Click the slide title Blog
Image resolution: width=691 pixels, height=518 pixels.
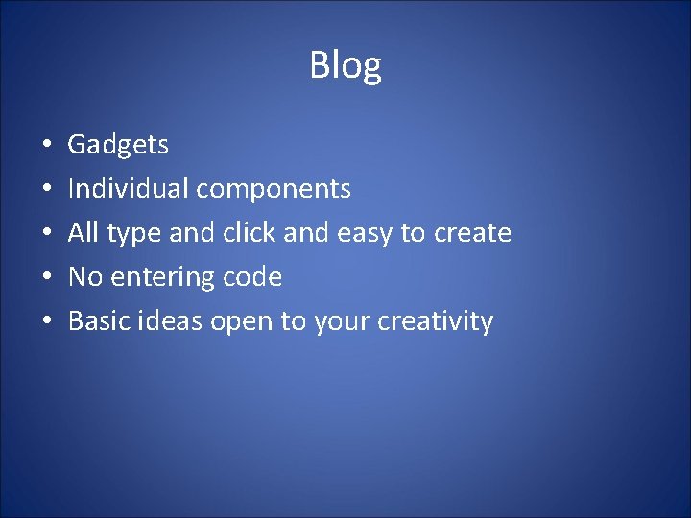345,66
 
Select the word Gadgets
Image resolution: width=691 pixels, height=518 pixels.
118,146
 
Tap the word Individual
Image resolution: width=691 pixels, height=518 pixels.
128,189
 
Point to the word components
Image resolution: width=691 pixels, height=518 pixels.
274,190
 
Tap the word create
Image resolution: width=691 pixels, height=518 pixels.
473,233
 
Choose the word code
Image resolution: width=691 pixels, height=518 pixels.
251,277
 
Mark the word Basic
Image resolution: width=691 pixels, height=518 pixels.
99,321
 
